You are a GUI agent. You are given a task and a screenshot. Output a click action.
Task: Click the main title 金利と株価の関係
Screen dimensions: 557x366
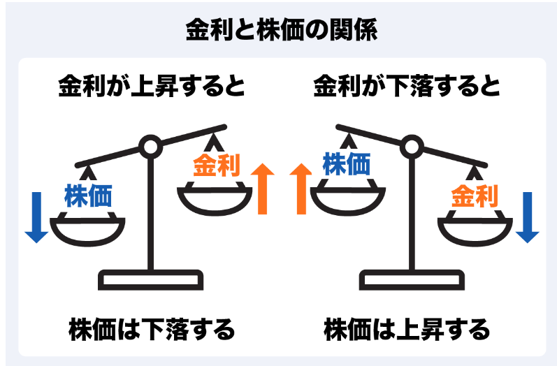[x=282, y=30]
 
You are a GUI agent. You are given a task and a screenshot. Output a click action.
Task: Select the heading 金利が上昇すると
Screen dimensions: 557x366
[x=152, y=85]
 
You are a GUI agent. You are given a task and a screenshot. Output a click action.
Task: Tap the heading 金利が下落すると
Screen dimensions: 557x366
[x=407, y=85]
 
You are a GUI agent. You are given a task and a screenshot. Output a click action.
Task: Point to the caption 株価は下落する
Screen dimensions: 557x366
[x=152, y=330]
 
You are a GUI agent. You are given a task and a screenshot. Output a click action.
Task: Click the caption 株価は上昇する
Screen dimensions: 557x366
[x=407, y=330]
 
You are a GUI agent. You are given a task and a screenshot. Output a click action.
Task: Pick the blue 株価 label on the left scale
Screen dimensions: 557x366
[x=89, y=196]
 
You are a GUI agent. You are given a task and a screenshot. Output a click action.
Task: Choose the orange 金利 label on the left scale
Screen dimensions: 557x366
[x=217, y=165]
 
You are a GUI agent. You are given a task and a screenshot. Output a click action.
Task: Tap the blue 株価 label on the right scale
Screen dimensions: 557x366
[x=347, y=163]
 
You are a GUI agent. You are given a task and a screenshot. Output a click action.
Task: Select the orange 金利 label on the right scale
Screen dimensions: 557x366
[x=475, y=196]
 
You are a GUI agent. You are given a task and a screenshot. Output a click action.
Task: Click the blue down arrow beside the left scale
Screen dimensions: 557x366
[x=36, y=217]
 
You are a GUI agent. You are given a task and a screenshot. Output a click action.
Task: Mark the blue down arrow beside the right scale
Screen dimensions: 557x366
[x=528, y=217]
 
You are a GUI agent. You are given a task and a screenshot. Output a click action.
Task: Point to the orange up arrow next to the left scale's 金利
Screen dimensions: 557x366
[x=263, y=189]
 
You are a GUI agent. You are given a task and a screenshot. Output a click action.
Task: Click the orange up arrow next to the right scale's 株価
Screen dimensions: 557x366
[x=301, y=189]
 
